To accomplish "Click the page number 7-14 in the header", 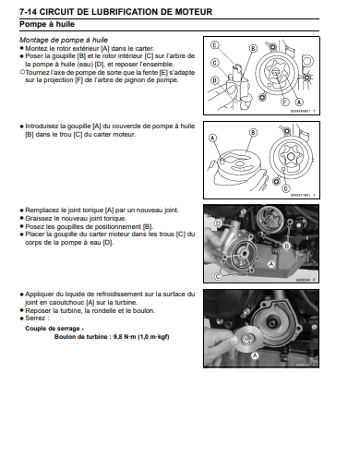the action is (29, 12).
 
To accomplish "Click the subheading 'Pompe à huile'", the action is (47, 24).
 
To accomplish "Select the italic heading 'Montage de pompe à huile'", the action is (64, 40).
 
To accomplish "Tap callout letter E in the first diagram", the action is (214, 45).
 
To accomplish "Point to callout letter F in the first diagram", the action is (285, 102).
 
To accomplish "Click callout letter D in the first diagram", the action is (214, 80).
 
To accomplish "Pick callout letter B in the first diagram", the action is (253, 49).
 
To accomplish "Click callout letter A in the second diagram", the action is (213, 138).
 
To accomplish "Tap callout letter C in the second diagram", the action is (286, 188).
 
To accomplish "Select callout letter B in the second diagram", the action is (253, 132).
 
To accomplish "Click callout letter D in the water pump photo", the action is (218, 223).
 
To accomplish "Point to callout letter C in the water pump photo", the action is (218, 276).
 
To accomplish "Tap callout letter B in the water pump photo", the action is (287, 246).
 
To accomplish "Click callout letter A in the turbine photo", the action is (255, 355).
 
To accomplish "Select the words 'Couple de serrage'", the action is (53, 329).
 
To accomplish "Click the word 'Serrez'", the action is (35, 319).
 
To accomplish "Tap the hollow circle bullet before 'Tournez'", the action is (22, 72).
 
